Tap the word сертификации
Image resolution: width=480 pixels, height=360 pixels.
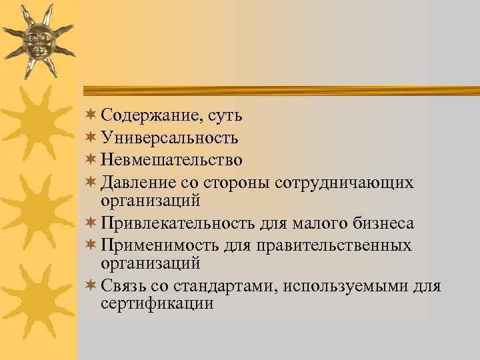point(157,304)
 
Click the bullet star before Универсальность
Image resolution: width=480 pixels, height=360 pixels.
point(91,138)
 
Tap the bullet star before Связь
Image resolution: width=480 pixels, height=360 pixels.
point(91,287)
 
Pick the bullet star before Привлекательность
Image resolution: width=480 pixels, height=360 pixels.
point(91,223)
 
